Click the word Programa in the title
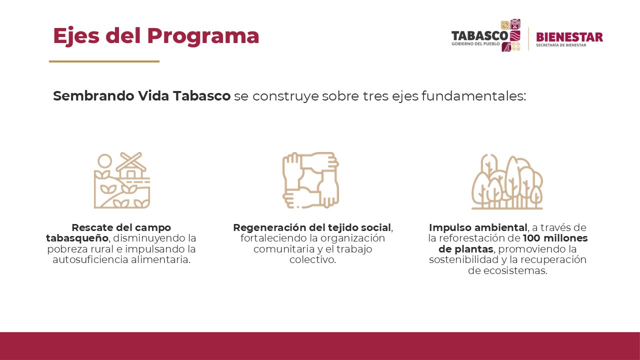[203, 36]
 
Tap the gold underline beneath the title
[104, 61]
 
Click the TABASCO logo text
[479, 36]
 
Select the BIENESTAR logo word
[569, 37]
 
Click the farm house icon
[131, 167]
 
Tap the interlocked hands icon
[310, 180]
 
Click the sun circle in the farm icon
[104, 160]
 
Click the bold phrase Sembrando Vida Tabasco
[141, 96]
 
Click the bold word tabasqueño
[76, 238]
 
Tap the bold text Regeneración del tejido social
[311, 228]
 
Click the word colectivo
[312, 259]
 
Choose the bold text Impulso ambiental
[477, 228]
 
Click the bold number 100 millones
[555, 238]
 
